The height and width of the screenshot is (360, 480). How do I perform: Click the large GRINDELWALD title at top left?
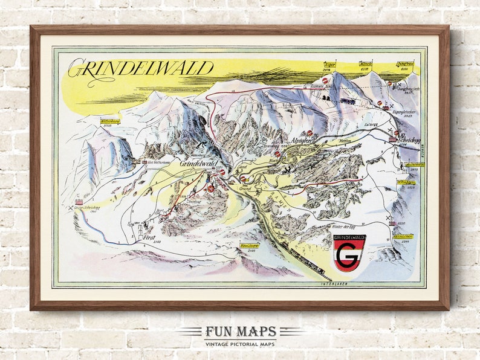pyautogui.click(x=140, y=69)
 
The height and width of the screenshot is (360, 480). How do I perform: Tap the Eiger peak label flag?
pyautogui.click(x=329, y=63)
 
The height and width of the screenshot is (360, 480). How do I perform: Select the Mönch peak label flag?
pyautogui.click(x=365, y=63)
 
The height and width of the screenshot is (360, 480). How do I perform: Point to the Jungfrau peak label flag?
pyautogui.click(x=404, y=63)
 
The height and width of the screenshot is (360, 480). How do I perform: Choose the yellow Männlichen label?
pyautogui.click(x=404, y=236)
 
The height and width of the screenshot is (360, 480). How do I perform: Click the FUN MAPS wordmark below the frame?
pyautogui.click(x=240, y=332)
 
